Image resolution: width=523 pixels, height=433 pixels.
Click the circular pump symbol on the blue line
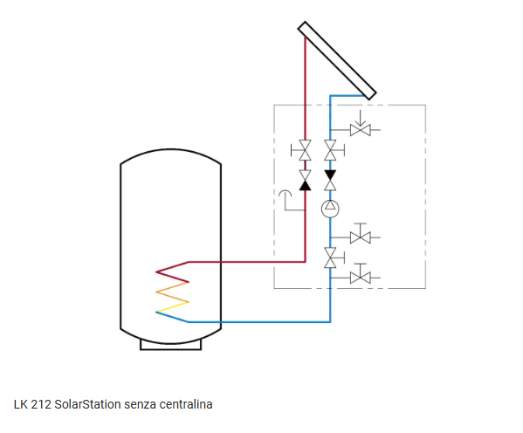[x=330, y=209]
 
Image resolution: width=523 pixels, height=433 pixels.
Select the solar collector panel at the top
[x=337, y=60]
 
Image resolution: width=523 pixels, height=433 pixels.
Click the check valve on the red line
[x=305, y=181]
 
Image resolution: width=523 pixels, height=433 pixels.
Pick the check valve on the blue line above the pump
[x=330, y=181]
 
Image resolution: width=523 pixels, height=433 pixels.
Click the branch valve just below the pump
[x=361, y=236]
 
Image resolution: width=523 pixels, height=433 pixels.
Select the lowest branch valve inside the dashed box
[x=361, y=276]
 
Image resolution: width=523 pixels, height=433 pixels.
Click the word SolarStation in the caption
[x=87, y=404]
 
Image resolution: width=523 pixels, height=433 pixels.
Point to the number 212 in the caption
[x=41, y=404]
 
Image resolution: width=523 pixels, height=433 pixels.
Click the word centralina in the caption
[x=186, y=404]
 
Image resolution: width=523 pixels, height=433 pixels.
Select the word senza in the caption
[x=140, y=405]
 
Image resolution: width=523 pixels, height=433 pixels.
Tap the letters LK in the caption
[x=21, y=404]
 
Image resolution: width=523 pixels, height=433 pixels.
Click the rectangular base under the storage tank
[x=170, y=346]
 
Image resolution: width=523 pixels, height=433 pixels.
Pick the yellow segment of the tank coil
[x=173, y=307]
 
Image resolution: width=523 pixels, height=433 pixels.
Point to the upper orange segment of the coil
[x=173, y=287]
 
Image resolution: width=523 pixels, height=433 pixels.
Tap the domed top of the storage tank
[x=170, y=150]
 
